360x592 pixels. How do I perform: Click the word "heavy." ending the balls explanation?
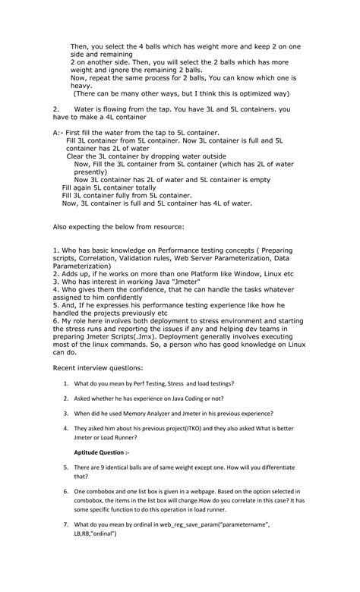(x=83, y=86)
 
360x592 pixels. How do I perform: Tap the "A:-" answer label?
(x=59, y=132)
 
